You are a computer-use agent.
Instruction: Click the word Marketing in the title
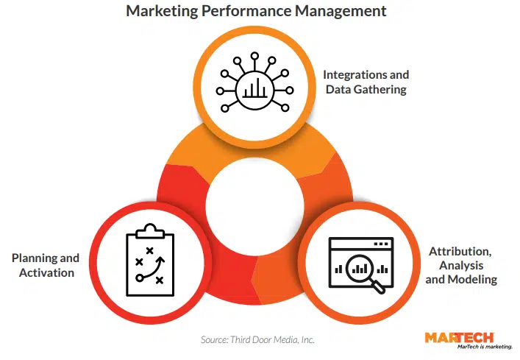[x=158, y=11]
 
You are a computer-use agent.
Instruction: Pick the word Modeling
[x=471, y=280]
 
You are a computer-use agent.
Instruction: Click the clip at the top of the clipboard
[x=150, y=232]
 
